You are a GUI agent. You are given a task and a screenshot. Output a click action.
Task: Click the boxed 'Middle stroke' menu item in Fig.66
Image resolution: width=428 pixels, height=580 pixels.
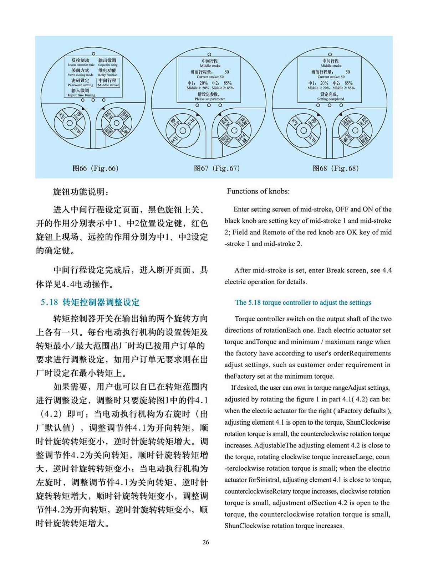(x=108, y=83)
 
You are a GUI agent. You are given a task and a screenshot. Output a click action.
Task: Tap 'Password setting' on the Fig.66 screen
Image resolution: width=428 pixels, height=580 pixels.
(x=80, y=83)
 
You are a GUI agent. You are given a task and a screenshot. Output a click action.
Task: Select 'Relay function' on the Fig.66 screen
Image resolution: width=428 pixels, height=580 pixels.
(x=107, y=73)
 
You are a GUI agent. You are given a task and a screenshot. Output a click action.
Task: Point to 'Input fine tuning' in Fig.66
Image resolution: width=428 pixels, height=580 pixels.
(x=81, y=93)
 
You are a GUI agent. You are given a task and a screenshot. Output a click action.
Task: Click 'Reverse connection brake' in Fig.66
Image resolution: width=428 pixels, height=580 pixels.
(x=81, y=63)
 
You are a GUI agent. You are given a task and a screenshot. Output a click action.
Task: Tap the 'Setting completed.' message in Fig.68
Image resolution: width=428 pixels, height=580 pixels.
(x=331, y=97)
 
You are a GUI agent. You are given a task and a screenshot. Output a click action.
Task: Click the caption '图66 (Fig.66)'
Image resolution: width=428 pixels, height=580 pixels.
(x=95, y=168)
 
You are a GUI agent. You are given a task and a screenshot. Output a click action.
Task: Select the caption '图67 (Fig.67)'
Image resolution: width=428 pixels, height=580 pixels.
(x=216, y=168)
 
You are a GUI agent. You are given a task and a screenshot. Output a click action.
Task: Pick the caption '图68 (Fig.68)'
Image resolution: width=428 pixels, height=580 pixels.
(x=336, y=168)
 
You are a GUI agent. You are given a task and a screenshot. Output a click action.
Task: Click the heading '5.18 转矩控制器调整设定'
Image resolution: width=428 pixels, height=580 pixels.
(x=90, y=302)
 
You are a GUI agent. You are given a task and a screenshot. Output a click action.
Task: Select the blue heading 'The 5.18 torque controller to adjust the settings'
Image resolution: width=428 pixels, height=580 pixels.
(x=303, y=302)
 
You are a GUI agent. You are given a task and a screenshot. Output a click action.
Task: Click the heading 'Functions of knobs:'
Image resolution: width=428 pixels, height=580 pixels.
(x=258, y=191)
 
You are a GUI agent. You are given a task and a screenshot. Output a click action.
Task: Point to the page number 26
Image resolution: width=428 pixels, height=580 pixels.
(x=205, y=542)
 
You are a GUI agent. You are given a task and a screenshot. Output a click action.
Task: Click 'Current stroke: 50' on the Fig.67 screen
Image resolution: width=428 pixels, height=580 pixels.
(x=210, y=77)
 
